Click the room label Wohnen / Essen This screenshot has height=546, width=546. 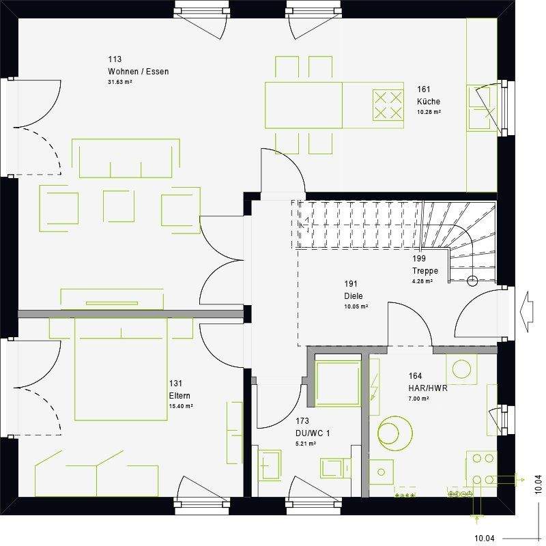138,72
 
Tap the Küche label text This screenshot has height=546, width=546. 429,102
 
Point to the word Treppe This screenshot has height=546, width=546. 425,270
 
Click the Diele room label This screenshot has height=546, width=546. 354,296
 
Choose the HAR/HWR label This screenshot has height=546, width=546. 428,388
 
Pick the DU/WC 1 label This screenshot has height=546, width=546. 312,433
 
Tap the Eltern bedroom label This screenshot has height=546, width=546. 179,395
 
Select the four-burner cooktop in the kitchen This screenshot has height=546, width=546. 388,104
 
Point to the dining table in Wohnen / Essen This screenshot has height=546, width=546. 304,104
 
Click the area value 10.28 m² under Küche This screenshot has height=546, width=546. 429,111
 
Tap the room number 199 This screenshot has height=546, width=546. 418,259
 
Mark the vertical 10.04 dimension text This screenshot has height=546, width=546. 538,484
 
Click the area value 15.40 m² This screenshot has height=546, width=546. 180,406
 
